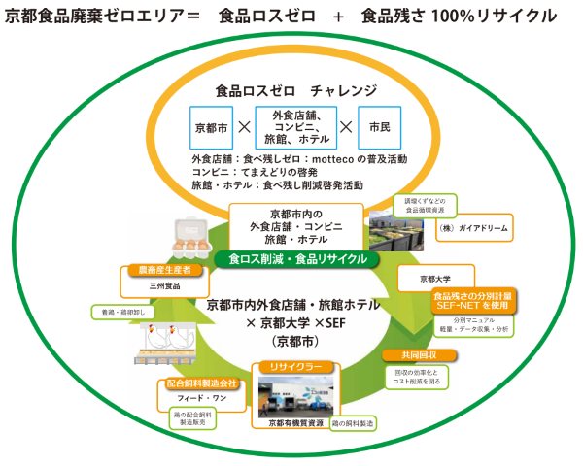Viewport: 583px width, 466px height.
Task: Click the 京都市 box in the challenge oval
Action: [x=209, y=127]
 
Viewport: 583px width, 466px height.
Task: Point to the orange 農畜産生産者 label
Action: [x=157, y=269]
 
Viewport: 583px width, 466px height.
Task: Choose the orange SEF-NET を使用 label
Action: [x=471, y=300]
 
